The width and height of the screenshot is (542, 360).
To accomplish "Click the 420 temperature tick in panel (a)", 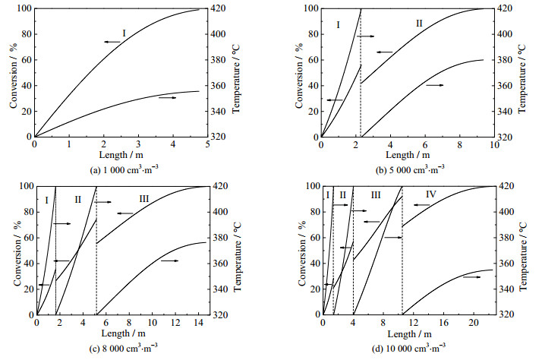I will (x=221, y=8).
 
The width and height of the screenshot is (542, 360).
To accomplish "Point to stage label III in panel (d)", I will (x=376, y=195).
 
